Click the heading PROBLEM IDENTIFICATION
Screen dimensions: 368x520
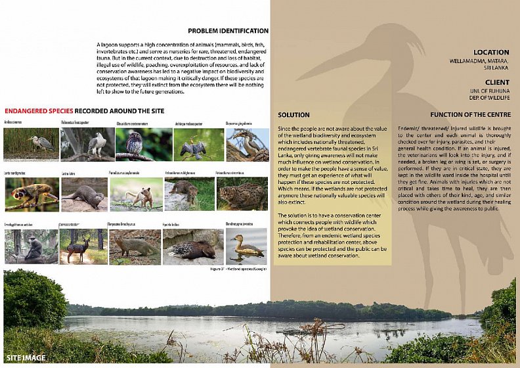(228, 31)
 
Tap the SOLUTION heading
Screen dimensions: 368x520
(293, 115)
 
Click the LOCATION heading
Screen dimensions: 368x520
(490, 53)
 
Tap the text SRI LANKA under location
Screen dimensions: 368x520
(497, 68)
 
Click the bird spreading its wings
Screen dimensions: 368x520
(190, 145)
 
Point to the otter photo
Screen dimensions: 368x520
(84, 194)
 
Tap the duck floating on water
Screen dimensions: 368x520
(246, 246)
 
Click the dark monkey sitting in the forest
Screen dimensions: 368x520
(31, 246)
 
